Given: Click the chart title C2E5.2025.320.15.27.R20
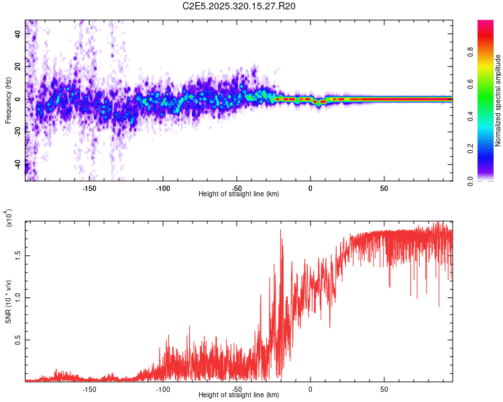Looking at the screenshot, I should [239, 6].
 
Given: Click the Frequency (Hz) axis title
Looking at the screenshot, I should [9, 100].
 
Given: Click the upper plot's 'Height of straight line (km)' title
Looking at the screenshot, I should [239, 194].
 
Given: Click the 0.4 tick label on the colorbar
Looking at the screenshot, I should [490, 117].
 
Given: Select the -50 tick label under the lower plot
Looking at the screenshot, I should [237, 388].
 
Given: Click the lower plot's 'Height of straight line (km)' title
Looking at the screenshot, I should [239, 395].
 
